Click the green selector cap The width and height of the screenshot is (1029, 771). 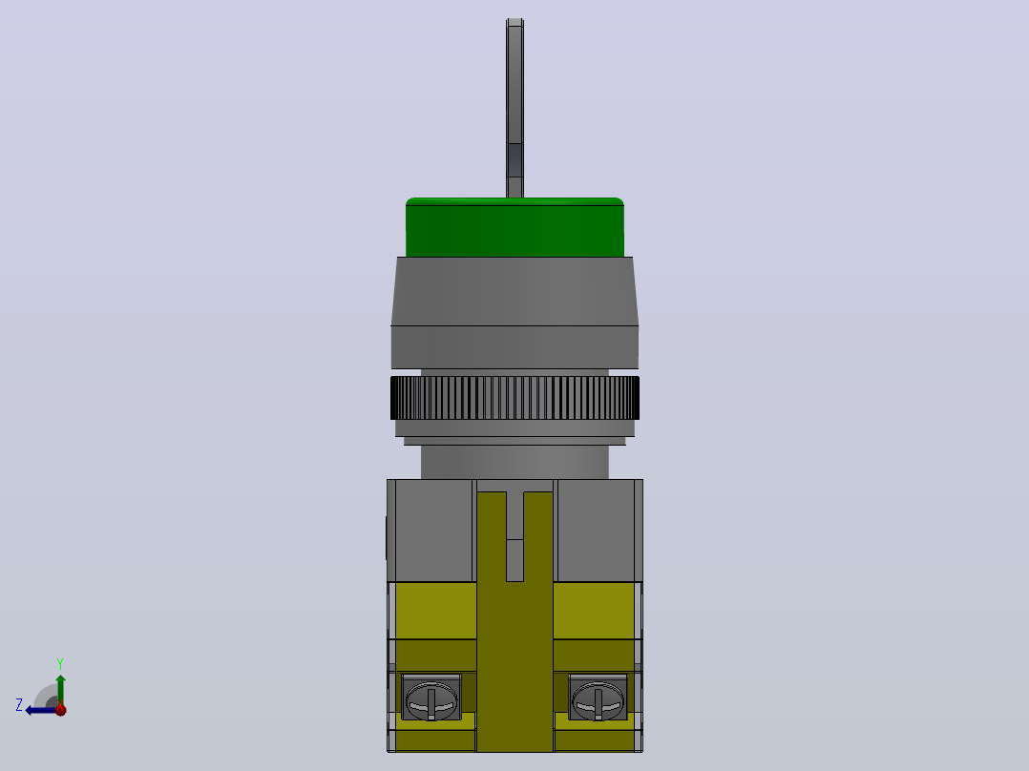coord(514,227)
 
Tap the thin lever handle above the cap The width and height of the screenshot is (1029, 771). coord(514,108)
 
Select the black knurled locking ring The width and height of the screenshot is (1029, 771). coord(514,398)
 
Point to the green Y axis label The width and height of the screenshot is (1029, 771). coord(60,663)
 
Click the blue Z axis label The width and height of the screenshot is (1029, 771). coord(19,705)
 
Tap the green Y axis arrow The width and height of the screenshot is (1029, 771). coord(60,690)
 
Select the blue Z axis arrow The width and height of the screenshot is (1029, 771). coord(42,710)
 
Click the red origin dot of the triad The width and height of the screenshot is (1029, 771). coord(60,709)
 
